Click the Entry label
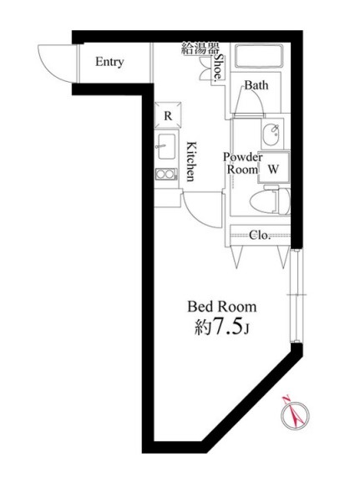click(109, 62)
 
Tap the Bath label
click(256, 85)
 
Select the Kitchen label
click(191, 161)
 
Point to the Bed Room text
click(221, 307)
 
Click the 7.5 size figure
click(228, 327)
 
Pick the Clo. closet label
click(260, 236)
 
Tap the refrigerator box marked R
click(168, 115)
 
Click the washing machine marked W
click(273, 167)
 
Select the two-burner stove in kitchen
click(166, 175)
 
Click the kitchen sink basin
click(166, 147)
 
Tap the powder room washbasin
click(271, 135)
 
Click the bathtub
click(259, 56)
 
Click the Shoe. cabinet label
click(219, 69)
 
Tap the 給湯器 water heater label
click(200, 49)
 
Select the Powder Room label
click(243, 164)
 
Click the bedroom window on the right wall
click(297, 295)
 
